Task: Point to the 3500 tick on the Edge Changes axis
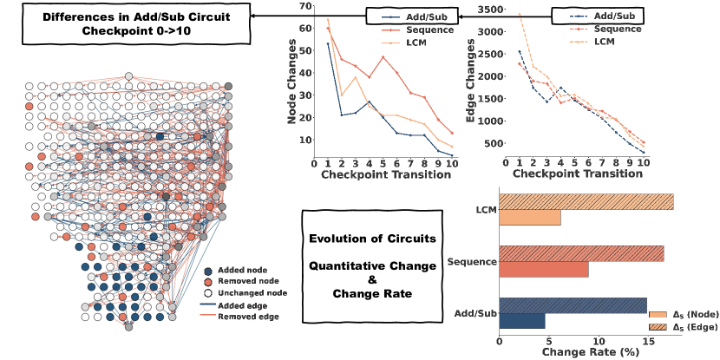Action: click(x=493, y=9)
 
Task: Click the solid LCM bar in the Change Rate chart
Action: click(x=529, y=218)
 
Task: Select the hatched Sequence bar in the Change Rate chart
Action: click(x=581, y=253)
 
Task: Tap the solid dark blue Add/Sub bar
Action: click(x=521, y=320)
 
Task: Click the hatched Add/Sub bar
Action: click(x=573, y=305)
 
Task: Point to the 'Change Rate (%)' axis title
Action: click(x=586, y=352)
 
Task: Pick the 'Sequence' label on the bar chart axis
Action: click(x=471, y=261)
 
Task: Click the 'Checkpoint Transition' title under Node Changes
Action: click(x=385, y=174)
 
